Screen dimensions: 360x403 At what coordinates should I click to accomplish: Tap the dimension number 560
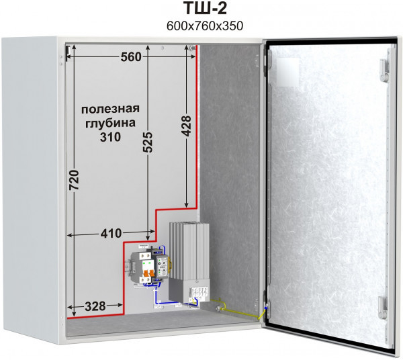[x=131, y=57]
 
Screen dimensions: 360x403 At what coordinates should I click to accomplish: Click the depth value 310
[x=109, y=137]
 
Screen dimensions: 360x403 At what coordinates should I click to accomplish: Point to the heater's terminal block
[x=199, y=291]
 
